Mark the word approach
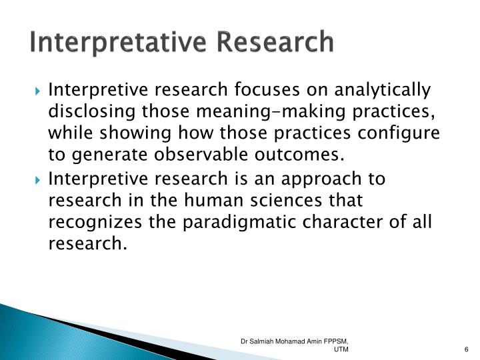pyautogui.click(x=323, y=179)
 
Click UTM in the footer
pyautogui.click(x=341, y=351)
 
